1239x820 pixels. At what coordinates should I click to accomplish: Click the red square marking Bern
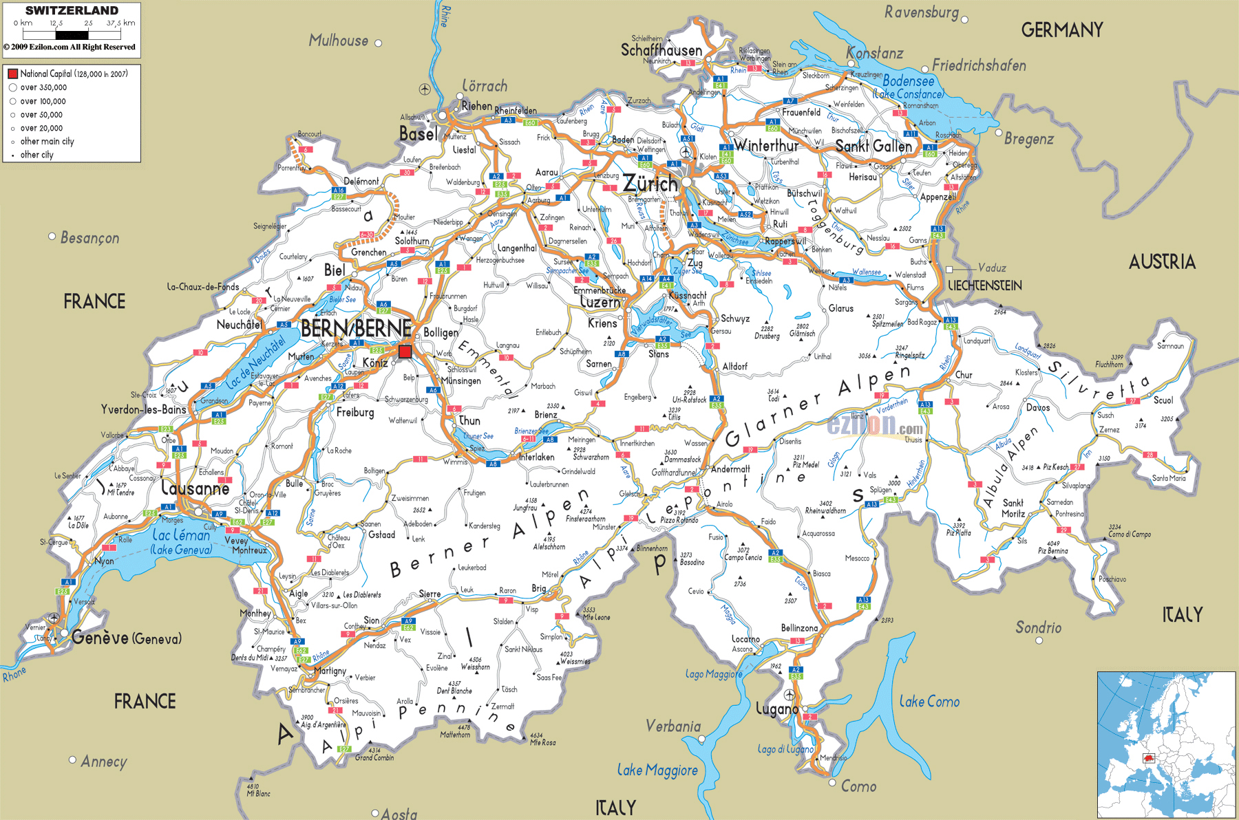coord(405,352)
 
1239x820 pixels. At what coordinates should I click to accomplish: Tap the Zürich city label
coord(650,184)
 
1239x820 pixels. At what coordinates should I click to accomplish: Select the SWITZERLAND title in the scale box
coord(72,10)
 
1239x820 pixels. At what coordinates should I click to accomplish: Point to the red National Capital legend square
coord(12,74)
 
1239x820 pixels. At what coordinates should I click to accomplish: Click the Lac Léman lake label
coord(181,535)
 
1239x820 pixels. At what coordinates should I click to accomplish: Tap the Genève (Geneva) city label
coord(127,638)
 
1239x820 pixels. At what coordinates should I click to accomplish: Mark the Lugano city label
coord(776,709)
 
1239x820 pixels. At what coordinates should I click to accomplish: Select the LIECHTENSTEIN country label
coord(984,285)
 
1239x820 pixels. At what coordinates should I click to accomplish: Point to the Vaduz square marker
coord(950,269)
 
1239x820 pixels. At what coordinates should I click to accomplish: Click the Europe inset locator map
coord(1166,744)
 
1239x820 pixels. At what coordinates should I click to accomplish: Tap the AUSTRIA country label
coord(1162,261)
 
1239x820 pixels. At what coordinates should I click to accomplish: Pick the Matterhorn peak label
coord(455,735)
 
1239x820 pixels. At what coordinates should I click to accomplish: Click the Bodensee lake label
coord(909,81)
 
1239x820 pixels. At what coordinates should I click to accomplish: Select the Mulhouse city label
coord(338,41)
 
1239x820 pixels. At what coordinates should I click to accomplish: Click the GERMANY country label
coord(1061,30)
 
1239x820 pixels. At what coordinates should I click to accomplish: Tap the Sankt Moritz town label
coord(1013,508)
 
